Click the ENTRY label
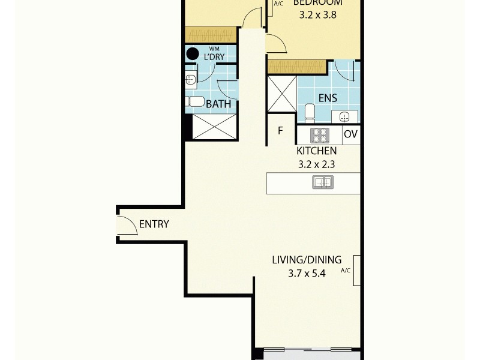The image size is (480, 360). click(154, 225)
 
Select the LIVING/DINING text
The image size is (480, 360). click(307, 260)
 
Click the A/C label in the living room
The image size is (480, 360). click(345, 271)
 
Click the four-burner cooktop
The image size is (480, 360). click(319, 134)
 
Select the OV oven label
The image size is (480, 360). click(351, 134)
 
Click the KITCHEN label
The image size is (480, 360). click(316, 151)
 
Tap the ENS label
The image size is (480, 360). click(328, 98)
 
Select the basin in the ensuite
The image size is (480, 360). click(344, 116)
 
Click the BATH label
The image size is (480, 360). click(218, 104)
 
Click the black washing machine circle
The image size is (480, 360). click(192, 54)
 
